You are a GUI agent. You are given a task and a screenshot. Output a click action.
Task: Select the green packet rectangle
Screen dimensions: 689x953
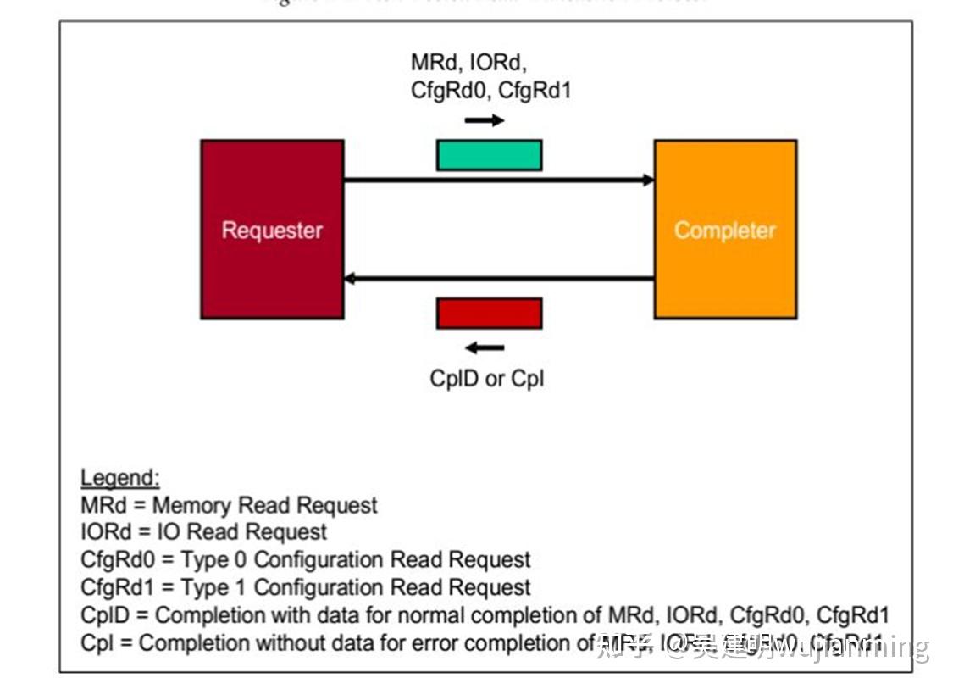coord(489,155)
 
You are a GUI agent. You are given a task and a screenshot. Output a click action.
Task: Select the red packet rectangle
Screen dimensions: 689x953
coord(489,313)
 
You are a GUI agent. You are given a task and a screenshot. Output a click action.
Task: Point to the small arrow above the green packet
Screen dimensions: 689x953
coord(485,120)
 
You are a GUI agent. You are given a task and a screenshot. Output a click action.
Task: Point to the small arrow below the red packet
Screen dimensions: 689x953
coord(485,347)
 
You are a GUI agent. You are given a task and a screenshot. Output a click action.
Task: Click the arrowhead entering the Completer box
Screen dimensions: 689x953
coord(649,180)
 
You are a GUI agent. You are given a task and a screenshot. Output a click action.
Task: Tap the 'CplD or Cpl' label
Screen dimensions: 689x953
coord(486,378)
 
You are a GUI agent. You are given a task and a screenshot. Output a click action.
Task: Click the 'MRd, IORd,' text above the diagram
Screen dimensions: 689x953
coord(469,62)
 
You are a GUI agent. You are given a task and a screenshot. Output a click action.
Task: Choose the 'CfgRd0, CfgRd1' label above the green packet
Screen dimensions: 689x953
coord(490,90)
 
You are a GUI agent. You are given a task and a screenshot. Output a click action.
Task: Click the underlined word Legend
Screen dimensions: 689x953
coord(119,478)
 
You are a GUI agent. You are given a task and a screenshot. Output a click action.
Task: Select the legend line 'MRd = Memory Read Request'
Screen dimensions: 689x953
coord(229,506)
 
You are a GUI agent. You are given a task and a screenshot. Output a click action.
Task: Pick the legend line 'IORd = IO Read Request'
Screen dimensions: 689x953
coord(203,532)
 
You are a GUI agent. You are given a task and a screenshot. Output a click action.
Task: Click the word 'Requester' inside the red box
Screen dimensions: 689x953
coord(271,230)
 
